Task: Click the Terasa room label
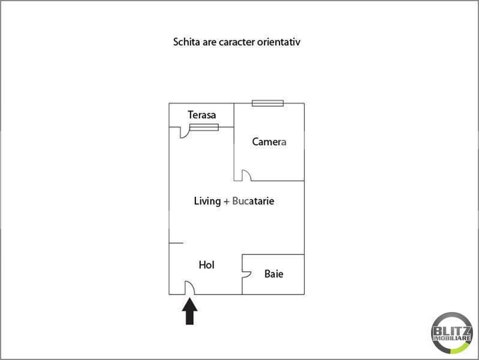pyautogui.click(x=201, y=114)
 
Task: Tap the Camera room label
pyautogui.click(x=269, y=142)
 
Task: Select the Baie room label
pyautogui.click(x=274, y=274)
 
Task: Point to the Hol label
pyautogui.click(x=206, y=265)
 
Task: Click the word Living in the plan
pyautogui.click(x=207, y=202)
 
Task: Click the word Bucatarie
pyautogui.click(x=253, y=202)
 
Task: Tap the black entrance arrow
pyautogui.click(x=190, y=311)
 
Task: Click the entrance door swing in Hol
pyautogui.click(x=188, y=289)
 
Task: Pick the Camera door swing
pyautogui.click(x=246, y=175)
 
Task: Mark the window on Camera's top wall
pyautogui.click(x=267, y=103)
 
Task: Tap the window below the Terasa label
pyautogui.click(x=204, y=127)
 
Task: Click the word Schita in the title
pyautogui.click(x=185, y=43)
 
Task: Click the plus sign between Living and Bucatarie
pyautogui.click(x=226, y=202)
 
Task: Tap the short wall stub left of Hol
pyautogui.click(x=176, y=243)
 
